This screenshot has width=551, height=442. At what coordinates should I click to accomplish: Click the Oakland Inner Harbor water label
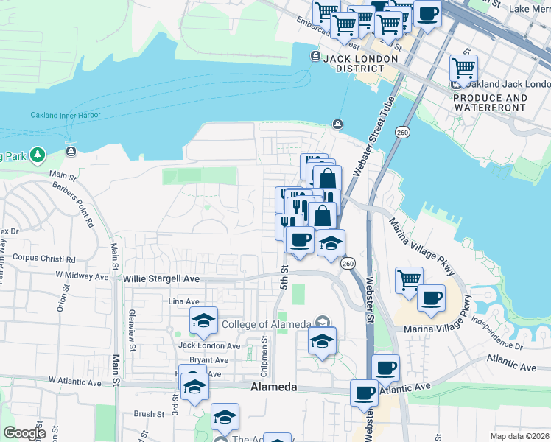(66, 115)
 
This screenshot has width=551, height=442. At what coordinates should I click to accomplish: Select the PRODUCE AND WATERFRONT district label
(490, 102)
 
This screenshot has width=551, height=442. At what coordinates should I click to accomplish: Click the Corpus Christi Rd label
(44, 259)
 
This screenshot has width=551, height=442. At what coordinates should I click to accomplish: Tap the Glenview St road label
(132, 329)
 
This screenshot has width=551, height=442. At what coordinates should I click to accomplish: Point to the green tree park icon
(38, 155)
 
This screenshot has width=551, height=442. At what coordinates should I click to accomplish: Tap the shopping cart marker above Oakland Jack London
(463, 68)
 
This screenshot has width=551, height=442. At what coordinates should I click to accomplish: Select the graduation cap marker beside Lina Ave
(203, 320)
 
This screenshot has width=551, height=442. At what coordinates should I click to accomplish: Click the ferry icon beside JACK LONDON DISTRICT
(316, 57)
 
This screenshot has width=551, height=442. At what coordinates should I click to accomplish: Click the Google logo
(24, 433)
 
